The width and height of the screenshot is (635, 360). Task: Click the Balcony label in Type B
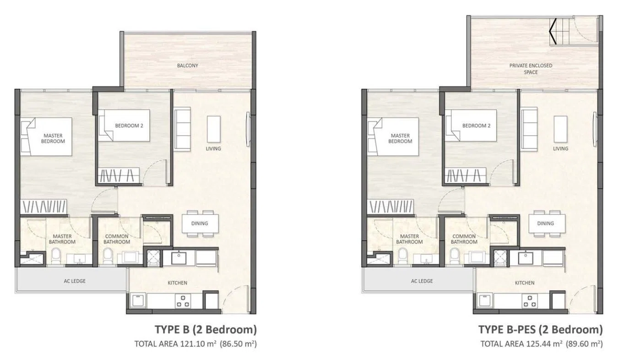[x=187, y=65]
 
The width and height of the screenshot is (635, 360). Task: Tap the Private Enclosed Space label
[x=531, y=69]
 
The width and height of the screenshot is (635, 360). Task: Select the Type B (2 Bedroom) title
[x=206, y=330]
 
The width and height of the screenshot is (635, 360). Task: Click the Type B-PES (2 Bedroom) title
[x=541, y=330]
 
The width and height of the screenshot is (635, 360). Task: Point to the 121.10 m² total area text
[x=195, y=344]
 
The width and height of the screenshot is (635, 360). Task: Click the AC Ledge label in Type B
[x=75, y=281]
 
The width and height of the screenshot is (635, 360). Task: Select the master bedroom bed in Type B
[x=46, y=136]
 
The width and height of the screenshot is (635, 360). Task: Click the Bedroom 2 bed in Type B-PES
[x=471, y=125]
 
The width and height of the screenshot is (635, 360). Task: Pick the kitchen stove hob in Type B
[x=183, y=301]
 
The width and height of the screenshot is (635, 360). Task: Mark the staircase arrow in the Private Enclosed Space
[x=553, y=31]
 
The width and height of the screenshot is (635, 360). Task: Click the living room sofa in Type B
[x=182, y=128]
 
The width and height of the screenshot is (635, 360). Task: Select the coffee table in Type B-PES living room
[x=561, y=129]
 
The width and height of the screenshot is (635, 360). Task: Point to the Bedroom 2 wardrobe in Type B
[x=119, y=175]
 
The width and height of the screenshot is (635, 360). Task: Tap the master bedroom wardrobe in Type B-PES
[x=391, y=206]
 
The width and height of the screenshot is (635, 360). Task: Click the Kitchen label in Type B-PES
[x=525, y=283]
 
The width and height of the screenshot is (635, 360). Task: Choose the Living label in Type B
[x=213, y=149]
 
